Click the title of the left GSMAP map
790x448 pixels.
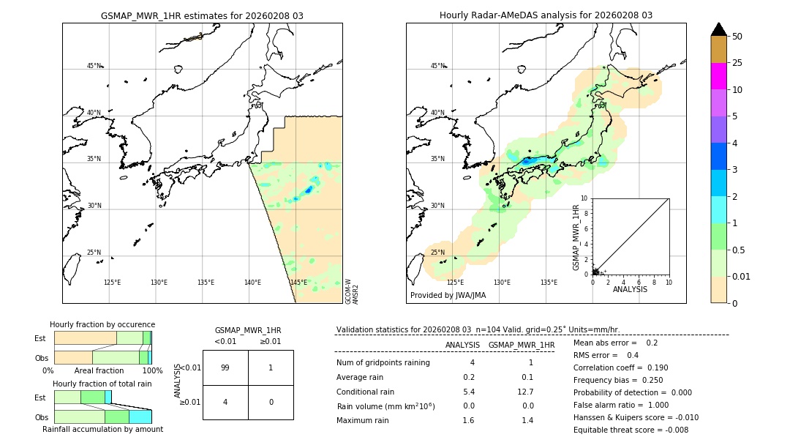202,15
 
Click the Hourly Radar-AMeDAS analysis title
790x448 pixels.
546,15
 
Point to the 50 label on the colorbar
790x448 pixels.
737,37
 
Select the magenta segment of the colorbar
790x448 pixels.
718,76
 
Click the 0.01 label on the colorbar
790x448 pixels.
742,277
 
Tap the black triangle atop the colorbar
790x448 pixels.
718,29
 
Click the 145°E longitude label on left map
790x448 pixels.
298,283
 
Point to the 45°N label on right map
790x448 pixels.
437,66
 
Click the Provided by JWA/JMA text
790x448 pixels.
448,296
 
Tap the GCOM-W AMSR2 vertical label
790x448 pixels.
352,291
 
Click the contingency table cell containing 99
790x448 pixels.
225,367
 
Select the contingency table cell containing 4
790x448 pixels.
225,402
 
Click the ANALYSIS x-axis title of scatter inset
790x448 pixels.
630,289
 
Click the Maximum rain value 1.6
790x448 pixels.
469,420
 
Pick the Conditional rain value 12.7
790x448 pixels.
526,392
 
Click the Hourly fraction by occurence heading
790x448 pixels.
102,324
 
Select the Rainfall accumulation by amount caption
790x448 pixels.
102,430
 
